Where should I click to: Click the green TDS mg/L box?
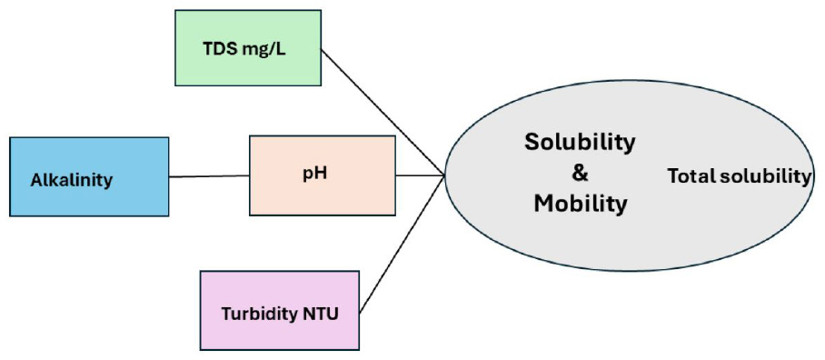point(248,47)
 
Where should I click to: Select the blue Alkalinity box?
point(89,177)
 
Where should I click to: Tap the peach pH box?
point(323,175)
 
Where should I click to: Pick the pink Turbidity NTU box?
point(280,311)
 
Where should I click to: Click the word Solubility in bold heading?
point(580,144)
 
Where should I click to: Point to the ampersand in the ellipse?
point(580,174)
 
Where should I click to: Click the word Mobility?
point(581,204)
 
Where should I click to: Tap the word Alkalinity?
point(71,181)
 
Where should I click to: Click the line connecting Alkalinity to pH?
point(209,176)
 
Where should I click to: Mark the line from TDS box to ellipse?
point(383,112)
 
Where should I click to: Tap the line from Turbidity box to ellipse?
point(403,243)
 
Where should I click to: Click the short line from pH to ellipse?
point(421,175)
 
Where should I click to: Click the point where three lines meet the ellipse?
point(445,175)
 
